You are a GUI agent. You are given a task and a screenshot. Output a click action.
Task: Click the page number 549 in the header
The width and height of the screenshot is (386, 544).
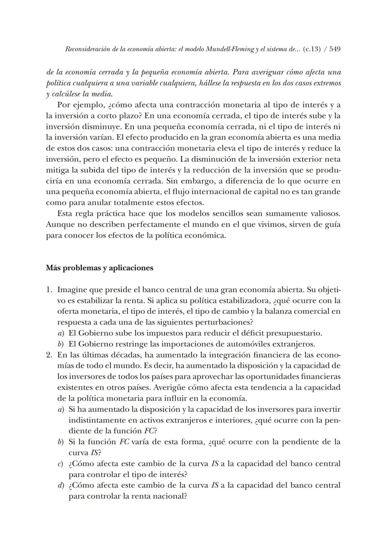tap(335, 49)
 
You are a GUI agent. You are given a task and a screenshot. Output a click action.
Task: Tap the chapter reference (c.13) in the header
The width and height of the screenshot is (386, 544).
tap(311, 49)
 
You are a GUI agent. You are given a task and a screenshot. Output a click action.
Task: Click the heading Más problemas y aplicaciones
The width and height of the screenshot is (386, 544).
tap(99, 268)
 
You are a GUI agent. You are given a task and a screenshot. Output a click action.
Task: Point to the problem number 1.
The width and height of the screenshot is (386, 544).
tap(49, 289)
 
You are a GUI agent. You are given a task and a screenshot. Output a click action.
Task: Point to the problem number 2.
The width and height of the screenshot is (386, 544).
tap(49, 355)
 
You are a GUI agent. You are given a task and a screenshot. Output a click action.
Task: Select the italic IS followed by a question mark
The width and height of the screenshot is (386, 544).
tap(94, 453)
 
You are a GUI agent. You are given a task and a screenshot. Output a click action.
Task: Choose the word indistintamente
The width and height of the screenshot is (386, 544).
tap(97, 420)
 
